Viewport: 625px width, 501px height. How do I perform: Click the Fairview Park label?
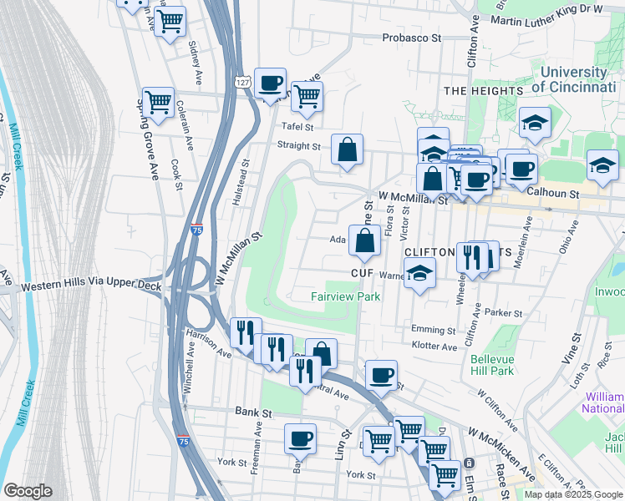(x=345, y=296)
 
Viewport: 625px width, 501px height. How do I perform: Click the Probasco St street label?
(x=411, y=38)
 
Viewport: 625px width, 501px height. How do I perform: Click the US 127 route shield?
(x=241, y=81)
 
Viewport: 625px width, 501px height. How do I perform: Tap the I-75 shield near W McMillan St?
(x=195, y=233)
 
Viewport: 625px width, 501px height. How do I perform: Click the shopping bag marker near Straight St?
(x=348, y=150)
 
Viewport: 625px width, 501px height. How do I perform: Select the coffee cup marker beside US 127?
(x=271, y=83)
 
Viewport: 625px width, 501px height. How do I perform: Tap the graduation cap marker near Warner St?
(x=419, y=273)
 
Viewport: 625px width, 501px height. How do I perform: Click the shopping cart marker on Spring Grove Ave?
(x=158, y=103)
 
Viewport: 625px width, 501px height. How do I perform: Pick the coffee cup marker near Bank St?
(x=300, y=438)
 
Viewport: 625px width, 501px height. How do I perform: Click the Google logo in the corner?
(x=28, y=491)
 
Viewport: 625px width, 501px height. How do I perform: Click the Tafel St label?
(x=297, y=127)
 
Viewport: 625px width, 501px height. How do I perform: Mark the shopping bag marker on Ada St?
(x=365, y=242)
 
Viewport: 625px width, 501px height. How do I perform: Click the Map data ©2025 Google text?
(x=573, y=494)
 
